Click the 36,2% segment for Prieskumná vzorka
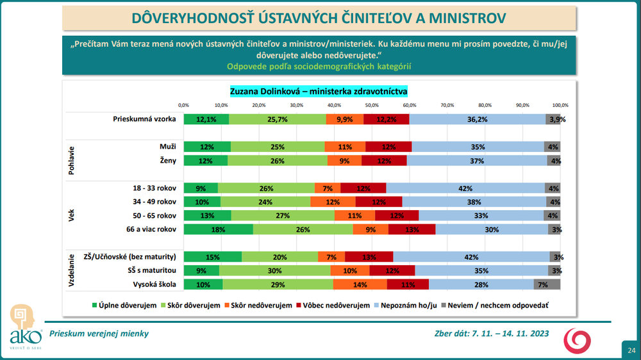coord(478,119)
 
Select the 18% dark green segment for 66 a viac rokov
coord(219,229)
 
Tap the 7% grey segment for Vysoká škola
coord(542,284)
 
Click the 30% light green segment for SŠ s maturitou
coord(277,270)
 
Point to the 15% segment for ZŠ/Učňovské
coord(213,257)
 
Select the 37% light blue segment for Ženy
coord(477,161)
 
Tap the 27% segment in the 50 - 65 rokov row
coord(283,215)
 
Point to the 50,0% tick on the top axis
coord(372,104)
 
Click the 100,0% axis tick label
coord(560,104)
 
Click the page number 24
coord(631,350)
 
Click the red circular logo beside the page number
coord(578,340)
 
